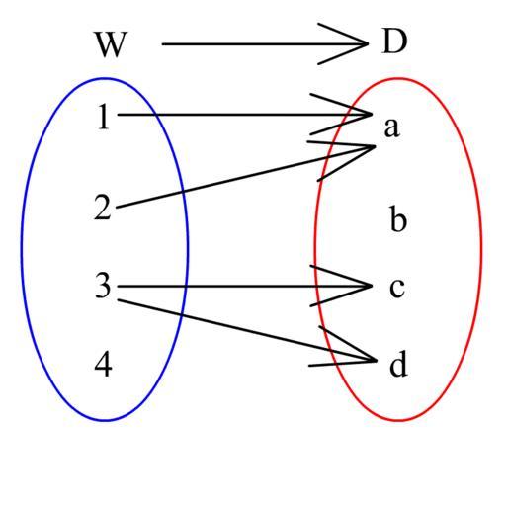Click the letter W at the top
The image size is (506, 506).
111,44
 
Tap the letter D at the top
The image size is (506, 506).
394,42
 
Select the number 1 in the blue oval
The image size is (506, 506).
104,117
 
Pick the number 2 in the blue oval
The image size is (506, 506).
103,207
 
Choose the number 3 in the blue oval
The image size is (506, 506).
103,286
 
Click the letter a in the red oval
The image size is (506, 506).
392,127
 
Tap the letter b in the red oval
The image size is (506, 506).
398,218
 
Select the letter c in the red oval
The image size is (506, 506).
397,288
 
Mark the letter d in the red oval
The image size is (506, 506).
398,364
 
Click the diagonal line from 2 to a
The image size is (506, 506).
245,177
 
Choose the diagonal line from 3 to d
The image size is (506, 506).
247,330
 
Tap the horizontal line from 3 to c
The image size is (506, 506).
244,286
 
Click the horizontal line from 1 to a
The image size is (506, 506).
244,115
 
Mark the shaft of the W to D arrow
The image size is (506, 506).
265,43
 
